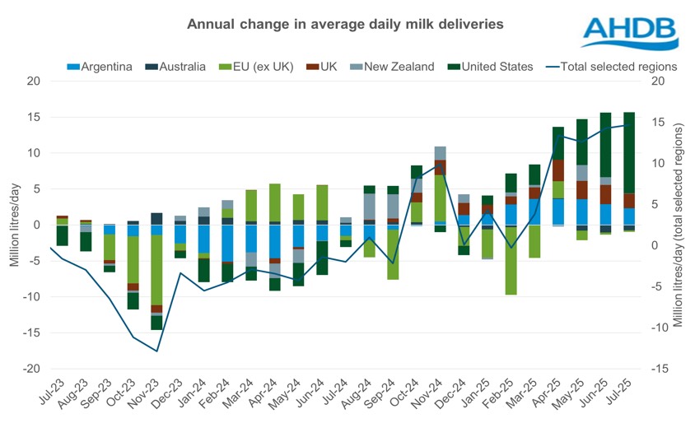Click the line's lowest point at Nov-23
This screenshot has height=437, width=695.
tap(156, 351)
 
